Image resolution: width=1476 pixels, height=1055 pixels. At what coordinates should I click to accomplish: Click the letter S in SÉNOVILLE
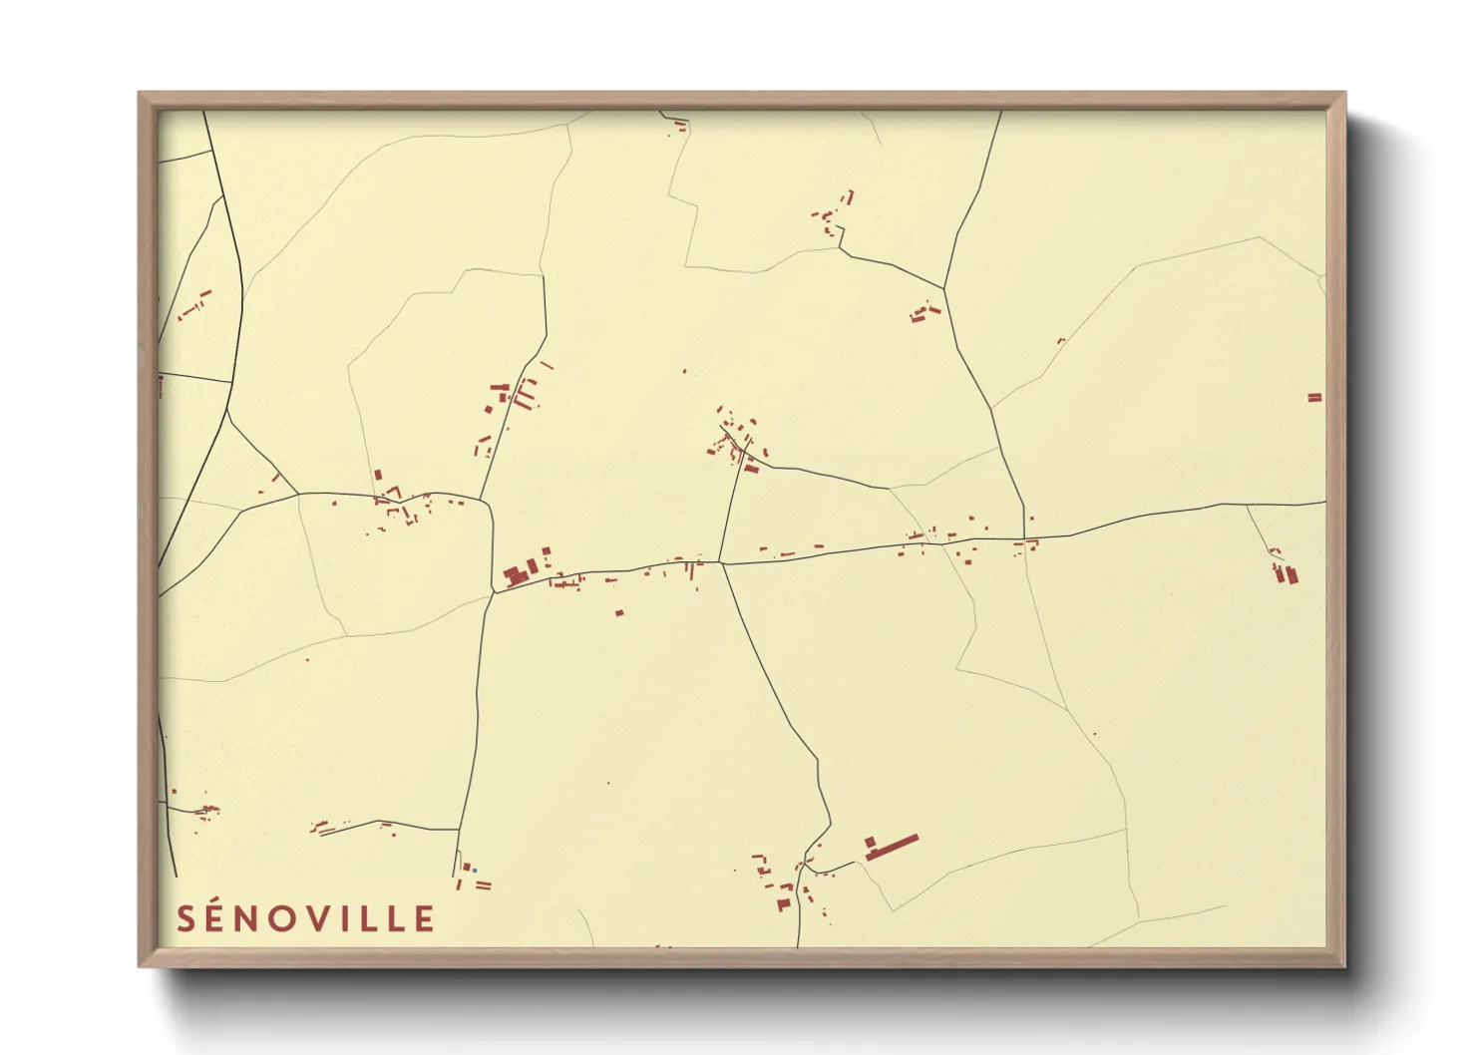tap(186, 918)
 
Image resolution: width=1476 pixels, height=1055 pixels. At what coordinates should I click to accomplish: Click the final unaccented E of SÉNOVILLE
tap(425, 919)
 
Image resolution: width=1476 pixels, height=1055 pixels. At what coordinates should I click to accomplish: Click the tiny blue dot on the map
tap(475, 871)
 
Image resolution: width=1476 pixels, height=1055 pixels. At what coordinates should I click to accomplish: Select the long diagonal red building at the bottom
tap(893, 848)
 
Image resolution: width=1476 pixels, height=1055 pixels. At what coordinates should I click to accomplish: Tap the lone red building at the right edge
tap(1314, 398)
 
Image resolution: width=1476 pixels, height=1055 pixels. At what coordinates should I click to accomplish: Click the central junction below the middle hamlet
tap(721, 563)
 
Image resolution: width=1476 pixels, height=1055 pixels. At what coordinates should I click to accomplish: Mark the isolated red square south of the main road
tap(619, 612)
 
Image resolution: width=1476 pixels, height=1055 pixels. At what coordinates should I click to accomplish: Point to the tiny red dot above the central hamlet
tap(684, 372)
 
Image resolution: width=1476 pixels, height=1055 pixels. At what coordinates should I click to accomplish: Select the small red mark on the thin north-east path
tap(1060, 341)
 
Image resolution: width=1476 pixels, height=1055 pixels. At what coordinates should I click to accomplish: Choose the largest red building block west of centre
tap(516, 575)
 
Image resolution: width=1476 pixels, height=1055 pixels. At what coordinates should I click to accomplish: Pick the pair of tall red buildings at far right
tap(1286, 573)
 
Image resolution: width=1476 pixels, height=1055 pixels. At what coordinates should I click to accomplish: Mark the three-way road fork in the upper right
tap(944, 289)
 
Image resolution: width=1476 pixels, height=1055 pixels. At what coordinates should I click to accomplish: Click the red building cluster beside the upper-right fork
tap(924, 314)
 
